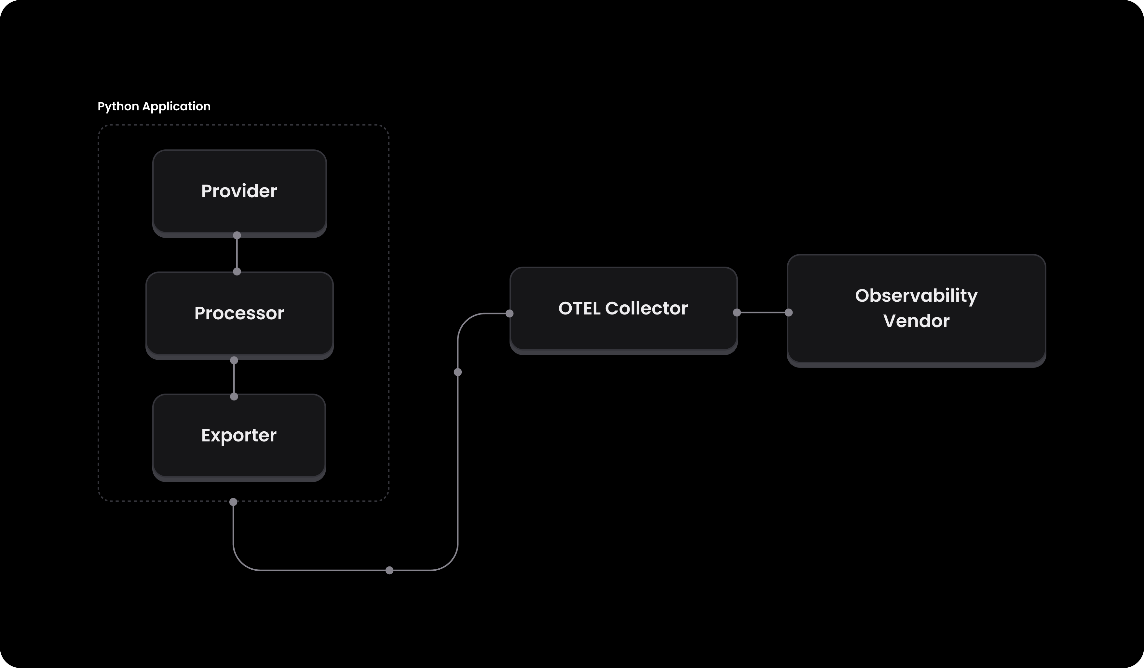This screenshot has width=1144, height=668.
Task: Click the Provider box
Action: point(239,191)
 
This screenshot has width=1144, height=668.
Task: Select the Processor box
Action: point(239,313)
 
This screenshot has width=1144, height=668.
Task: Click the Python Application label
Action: point(154,106)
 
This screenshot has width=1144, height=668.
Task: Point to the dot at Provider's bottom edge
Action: point(237,235)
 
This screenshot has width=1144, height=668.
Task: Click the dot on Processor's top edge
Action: point(237,271)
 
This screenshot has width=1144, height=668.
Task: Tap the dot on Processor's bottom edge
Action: point(234,360)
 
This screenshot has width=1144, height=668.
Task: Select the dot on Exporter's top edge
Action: point(234,397)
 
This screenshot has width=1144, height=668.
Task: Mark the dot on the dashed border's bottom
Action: point(233,502)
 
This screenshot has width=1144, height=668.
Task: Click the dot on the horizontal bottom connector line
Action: point(389,570)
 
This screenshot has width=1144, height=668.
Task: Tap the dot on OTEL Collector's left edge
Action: point(509,313)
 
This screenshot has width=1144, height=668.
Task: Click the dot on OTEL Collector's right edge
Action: point(737,313)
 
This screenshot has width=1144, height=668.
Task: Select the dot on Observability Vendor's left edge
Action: point(789,313)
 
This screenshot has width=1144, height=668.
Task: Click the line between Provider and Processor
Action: point(237,253)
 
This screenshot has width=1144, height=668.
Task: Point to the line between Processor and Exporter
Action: point(234,378)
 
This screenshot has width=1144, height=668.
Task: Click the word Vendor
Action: point(916,321)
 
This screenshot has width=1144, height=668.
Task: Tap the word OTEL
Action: point(579,308)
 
